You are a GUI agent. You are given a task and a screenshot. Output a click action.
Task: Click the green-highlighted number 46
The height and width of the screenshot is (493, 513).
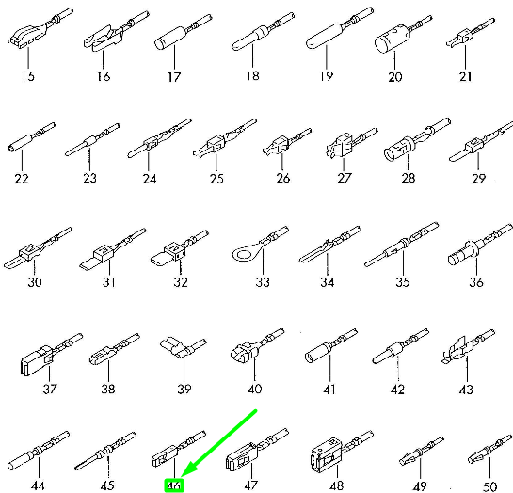tap(174, 485)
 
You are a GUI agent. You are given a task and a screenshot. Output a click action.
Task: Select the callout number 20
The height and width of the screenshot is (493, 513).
tap(395, 77)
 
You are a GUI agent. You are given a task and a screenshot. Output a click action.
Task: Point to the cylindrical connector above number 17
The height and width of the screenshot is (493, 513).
tap(184, 32)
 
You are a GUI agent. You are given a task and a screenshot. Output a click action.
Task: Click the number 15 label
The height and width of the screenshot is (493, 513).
tap(28, 76)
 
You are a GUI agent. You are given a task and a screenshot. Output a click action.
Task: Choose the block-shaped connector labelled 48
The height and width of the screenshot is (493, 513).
tap(341, 452)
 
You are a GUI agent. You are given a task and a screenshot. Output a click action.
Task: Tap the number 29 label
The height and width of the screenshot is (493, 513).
tap(478, 179)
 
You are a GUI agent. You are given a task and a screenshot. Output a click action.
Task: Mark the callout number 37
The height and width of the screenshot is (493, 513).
tap(49, 389)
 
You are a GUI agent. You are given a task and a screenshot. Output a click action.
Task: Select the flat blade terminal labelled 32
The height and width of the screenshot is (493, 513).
tap(179, 247)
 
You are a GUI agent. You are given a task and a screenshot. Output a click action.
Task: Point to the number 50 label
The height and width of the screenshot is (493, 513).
tap(489, 486)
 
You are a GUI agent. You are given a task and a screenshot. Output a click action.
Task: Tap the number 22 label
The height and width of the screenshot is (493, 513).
tap(22, 179)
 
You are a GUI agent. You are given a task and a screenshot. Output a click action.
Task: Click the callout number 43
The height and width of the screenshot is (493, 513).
tap(466, 390)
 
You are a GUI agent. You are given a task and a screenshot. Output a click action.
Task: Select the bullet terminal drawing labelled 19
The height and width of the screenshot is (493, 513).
tap(340, 28)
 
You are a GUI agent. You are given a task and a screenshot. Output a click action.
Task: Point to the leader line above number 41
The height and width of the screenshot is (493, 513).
tap(330, 369)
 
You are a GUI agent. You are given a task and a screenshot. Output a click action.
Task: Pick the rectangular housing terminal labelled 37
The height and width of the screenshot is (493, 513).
tap(52, 354)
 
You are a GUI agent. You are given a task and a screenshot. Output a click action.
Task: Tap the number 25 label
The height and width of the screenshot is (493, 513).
tap(216, 179)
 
